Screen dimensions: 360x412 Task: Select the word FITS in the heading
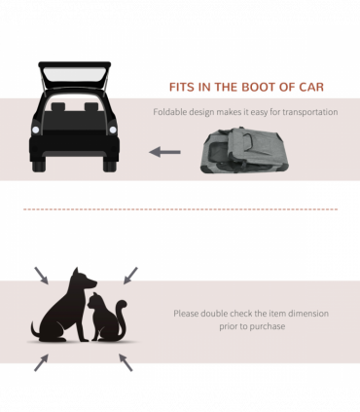pos(182,87)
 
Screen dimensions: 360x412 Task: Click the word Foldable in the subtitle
pos(169,112)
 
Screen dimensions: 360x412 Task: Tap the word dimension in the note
pos(308,314)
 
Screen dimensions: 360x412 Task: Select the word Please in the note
pos(186,314)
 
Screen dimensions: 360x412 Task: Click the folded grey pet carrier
pos(244,150)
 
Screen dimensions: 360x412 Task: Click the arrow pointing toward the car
pos(164,152)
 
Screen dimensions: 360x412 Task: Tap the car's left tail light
pos(36,130)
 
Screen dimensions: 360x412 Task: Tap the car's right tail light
pos(113,130)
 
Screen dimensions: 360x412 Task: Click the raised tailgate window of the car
pos(75,75)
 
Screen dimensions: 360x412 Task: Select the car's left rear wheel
pos(39,166)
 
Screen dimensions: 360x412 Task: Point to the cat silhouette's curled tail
pos(122,319)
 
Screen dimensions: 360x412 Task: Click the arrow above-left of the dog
pos(42,276)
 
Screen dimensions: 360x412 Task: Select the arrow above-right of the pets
pos(130,276)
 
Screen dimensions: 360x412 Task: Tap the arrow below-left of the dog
pos(42,362)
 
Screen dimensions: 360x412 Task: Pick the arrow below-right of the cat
pos(126,362)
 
